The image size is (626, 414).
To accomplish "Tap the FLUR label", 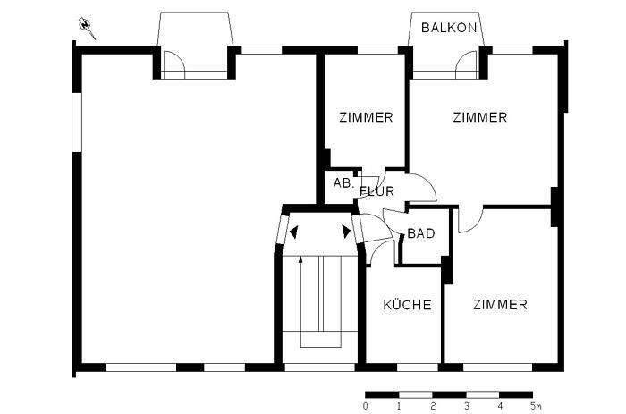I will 376,191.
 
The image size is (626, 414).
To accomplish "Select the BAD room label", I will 420,234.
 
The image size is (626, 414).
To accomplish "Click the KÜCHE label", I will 407,305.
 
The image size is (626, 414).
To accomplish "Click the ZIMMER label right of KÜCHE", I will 500,305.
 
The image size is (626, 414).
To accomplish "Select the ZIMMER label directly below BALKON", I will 479,117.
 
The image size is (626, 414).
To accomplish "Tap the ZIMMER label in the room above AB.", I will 366,117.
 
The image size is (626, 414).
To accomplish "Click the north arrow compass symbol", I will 87,27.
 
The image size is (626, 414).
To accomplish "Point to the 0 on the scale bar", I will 366,406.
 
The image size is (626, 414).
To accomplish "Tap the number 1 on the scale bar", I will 399,406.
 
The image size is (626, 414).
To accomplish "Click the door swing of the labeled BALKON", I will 467,62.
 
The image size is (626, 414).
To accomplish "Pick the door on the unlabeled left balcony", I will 174,62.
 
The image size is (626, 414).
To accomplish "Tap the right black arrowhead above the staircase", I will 347,232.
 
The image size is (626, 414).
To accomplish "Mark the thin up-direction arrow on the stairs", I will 300,277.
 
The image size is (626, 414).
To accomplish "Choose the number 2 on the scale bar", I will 433,406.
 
